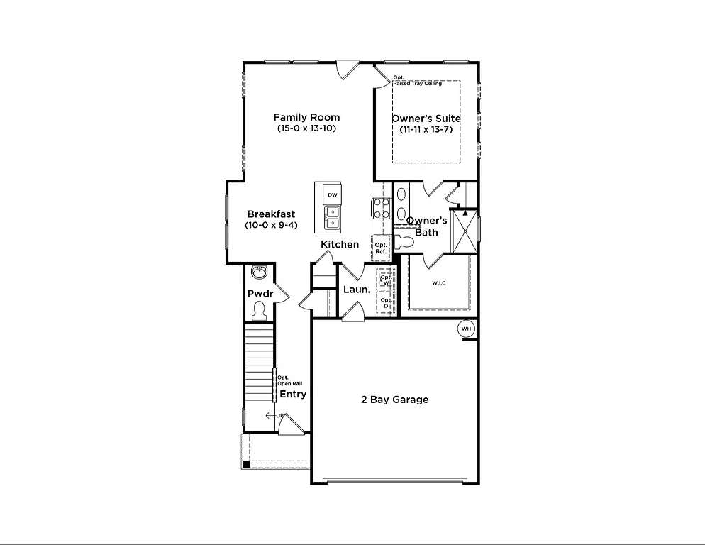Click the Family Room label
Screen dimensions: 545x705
click(x=306, y=117)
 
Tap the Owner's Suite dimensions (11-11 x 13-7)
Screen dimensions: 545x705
click(x=426, y=130)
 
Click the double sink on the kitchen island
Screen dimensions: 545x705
click(x=332, y=217)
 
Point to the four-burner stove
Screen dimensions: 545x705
click(x=381, y=207)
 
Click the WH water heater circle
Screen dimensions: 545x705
click(x=466, y=329)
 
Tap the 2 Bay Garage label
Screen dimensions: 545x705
click(x=394, y=400)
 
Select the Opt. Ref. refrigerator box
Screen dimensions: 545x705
click(x=381, y=248)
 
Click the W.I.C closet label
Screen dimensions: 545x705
click(x=440, y=283)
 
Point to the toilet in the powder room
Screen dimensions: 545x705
click(x=259, y=310)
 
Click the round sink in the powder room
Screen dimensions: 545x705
click(x=259, y=273)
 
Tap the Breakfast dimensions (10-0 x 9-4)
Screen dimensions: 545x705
click(x=271, y=225)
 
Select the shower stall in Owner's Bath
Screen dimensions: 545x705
click(x=465, y=231)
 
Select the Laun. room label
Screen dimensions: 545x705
click(x=356, y=290)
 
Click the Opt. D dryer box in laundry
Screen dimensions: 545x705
click(x=386, y=303)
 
